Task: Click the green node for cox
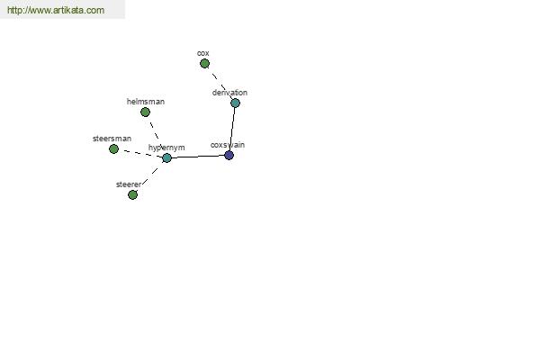pyautogui.click(x=204, y=63)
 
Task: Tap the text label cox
pyautogui.click(x=203, y=53)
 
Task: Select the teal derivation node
pyautogui.click(x=235, y=103)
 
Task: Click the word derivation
pyautogui.click(x=229, y=93)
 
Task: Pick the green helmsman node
pyautogui.click(x=145, y=112)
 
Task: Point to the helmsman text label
pyautogui.click(x=146, y=102)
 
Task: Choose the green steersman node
pyautogui.click(x=113, y=148)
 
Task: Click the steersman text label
pyautogui.click(x=112, y=139)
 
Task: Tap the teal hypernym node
pyautogui.click(x=166, y=157)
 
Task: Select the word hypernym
pyautogui.click(x=166, y=148)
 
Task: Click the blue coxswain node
pyautogui.click(x=229, y=155)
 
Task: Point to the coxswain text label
pyautogui.click(x=228, y=145)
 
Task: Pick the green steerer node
pyautogui.click(x=132, y=194)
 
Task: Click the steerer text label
pyautogui.click(x=129, y=184)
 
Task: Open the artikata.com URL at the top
pyautogui.click(x=56, y=10)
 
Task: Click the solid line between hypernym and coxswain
pyautogui.click(x=198, y=157)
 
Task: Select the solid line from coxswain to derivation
pyautogui.click(x=232, y=129)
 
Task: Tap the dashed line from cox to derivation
pyautogui.click(x=220, y=84)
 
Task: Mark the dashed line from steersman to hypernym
pyautogui.click(x=141, y=153)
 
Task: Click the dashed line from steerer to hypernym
pyautogui.click(x=149, y=176)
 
